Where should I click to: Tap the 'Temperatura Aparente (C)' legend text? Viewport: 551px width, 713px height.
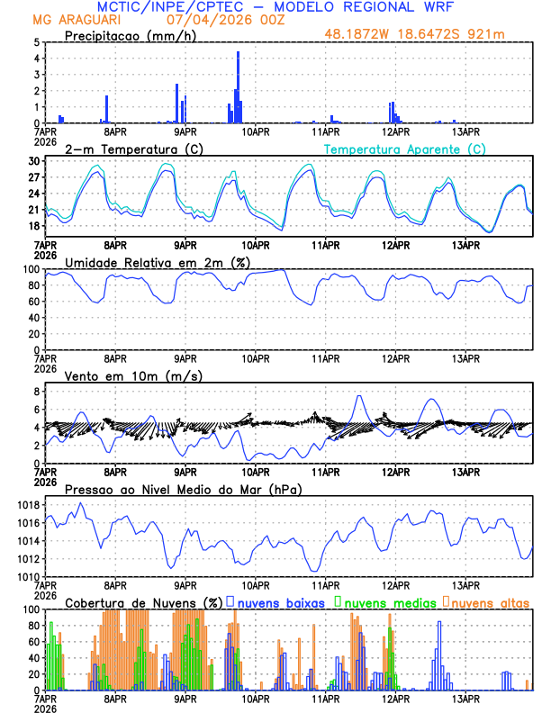404,149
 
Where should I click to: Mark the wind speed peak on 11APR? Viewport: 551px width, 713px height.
359,396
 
